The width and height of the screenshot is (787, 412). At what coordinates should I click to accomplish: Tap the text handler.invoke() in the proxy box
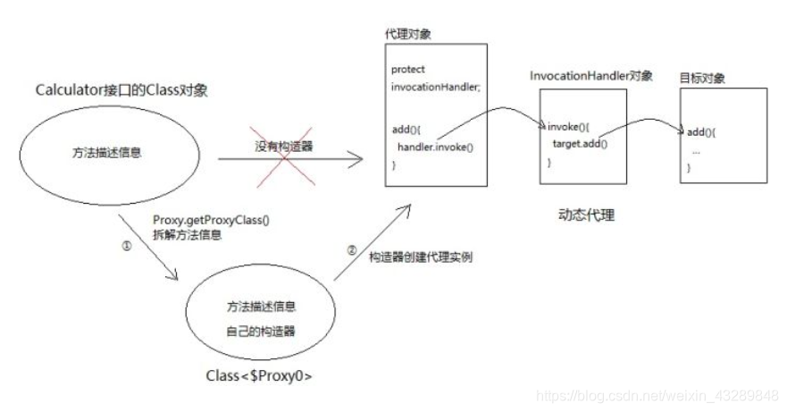pyautogui.click(x=436, y=147)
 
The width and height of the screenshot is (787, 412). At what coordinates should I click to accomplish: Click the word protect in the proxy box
pyautogui.click(x=407, y=69)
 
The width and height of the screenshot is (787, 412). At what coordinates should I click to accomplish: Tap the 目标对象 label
pyautogui.click(x=703, y=79)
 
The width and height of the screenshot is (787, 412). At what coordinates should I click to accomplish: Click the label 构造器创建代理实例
pyautogui.click(x=420, y=257)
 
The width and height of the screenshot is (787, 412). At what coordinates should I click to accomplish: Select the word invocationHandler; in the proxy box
pyautogui.click(x=436, y=87)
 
